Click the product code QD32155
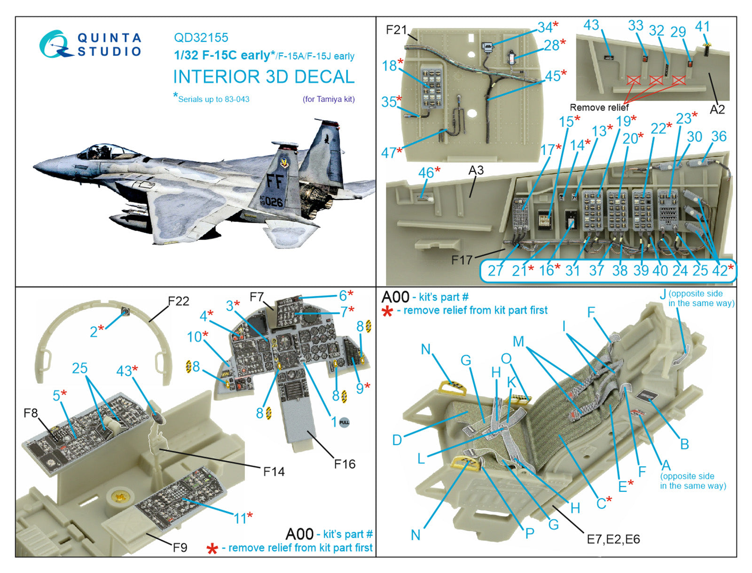(x=201, y=38)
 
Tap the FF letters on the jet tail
(x=275, y=181)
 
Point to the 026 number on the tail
(x=273, y=202)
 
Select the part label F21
(x=396, y=30)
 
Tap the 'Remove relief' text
(x=599, y=108)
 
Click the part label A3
(x=476, y=170)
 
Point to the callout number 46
(x=426, y=173)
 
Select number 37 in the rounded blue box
(x=596, y=271)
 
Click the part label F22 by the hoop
(x=179, y=301)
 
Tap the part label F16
(x=345, y=464)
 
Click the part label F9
(x=180, y=547)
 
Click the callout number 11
(x=240, y=519)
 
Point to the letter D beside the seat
(x=397, y=440)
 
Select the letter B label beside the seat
(x=684, y=444)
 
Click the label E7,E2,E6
(x=613, y=539)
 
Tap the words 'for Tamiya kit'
(x=329, y=99)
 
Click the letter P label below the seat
(x=530, y=533)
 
